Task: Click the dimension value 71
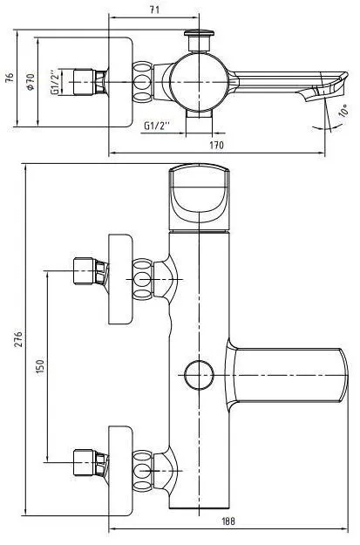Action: [154, 10]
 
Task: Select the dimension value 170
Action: [216, 145]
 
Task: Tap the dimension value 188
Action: [228, 521]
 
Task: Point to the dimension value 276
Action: [18, 339]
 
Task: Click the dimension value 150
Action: [41, 366]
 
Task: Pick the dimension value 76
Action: [10, 77]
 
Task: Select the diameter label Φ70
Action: [31, 82]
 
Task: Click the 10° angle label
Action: [344, 111]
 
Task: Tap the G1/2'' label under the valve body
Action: [157, 125]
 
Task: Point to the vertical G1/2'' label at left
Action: [55, 82]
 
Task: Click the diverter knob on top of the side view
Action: [199, 40]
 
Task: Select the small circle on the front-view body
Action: [199, 375]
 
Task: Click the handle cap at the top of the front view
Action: [199, 197]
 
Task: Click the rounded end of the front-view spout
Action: [343, 375]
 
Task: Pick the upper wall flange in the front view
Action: [120, 279]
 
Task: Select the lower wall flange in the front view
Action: [120, 471]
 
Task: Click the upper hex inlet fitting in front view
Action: [91, 271]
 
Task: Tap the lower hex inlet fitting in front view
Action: [91, 463]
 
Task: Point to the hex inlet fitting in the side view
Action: [91, 82]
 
